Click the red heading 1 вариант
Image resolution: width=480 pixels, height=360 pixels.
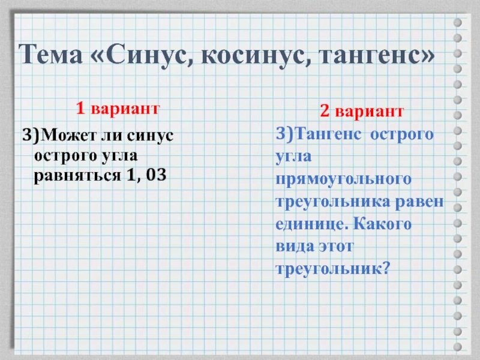(117, 109)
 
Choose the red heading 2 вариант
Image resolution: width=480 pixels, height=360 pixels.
(361, 112)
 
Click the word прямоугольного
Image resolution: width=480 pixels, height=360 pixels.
(343, 179)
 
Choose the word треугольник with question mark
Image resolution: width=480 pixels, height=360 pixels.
(333, 269)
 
